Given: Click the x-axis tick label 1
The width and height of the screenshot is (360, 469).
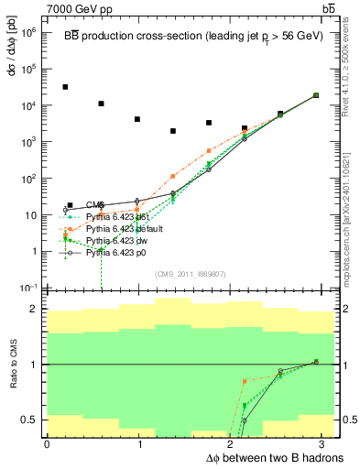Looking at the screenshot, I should [140, 444].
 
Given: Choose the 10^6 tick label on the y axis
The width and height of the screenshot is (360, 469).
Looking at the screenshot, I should [29, 32].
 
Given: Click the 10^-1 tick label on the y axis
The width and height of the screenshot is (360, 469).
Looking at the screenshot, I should [29, 288].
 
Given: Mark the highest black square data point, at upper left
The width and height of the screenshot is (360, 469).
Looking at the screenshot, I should [65, 87].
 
